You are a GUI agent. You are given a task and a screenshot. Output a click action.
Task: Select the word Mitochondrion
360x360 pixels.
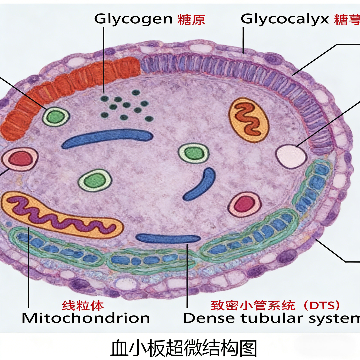coord(86,318)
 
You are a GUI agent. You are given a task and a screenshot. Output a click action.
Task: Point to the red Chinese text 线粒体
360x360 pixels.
coord(83,306)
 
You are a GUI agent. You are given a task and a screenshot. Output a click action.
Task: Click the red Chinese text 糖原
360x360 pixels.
coord(191,20)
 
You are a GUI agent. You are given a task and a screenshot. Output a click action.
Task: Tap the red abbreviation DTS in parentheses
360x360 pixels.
coord(321,306)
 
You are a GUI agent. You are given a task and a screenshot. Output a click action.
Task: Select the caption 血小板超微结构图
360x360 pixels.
coord(184,348)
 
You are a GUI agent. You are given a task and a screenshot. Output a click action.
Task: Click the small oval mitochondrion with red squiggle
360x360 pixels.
coord(249,120)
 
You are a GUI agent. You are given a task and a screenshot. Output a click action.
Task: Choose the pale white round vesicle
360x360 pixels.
coord(291,156)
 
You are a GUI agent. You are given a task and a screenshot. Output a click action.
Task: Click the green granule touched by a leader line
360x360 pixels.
coord(56,117)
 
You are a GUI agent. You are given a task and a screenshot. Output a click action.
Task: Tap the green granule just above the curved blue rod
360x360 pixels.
coord(194,153)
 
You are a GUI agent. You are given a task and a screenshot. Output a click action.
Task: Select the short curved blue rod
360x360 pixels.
coord(200,184)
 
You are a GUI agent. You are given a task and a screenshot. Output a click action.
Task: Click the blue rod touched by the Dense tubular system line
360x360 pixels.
coord(168,239)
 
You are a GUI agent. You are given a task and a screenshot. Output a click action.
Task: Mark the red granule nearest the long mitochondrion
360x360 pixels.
coord(20,159)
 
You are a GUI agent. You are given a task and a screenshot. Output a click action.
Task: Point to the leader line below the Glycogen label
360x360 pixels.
coord(104,60)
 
